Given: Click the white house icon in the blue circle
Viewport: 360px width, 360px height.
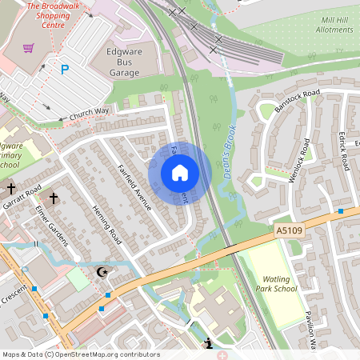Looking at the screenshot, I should pyautogui.click(x=180, y=172).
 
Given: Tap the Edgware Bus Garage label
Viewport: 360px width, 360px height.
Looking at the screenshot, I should pyautogui.click(x=134, y=62).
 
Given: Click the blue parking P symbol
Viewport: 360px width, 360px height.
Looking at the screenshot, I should pyautogui.click(x=65, y=70).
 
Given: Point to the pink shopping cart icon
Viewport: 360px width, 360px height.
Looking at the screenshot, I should pyautogui.click(x=29, y=48).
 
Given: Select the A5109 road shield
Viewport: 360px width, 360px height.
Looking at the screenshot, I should pyautogui.click(x=290, y=231).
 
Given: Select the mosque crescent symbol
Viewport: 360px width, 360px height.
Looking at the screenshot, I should pyautogui.click(x=102, y=273).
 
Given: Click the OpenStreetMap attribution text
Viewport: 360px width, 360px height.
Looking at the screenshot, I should pyautogui.click(x=80, y=354).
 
